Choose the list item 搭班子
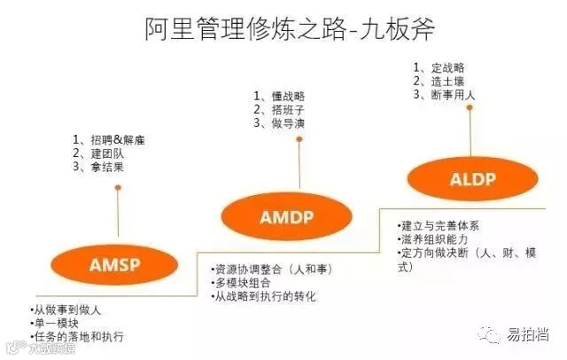(280, 109)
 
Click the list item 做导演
(280, 123)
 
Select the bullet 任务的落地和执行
(79, 337)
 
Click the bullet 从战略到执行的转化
(265, 295)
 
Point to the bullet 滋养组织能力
(438, 239)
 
